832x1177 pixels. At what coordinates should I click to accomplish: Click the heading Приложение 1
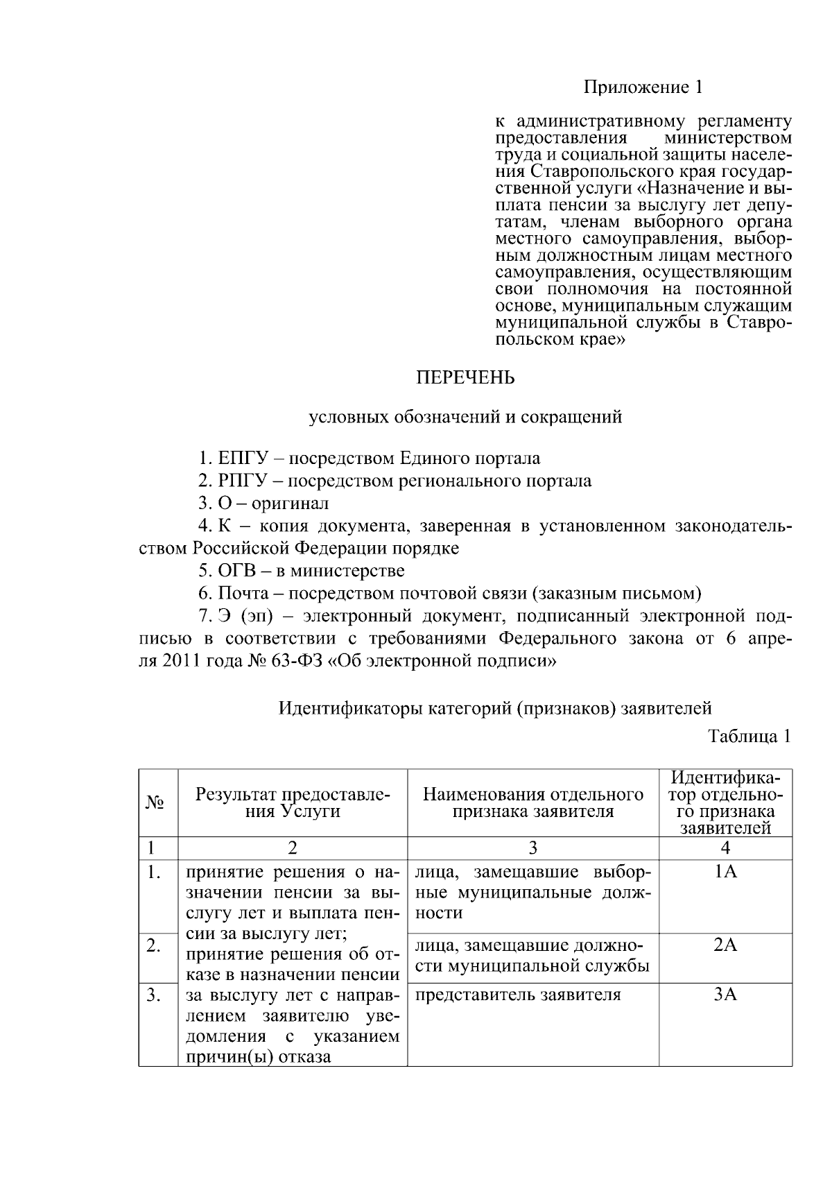(x=643, y=87)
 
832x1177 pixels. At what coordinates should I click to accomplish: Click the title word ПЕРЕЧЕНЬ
(x=465, y=378)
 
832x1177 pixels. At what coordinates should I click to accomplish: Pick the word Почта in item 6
(x=239, y=594)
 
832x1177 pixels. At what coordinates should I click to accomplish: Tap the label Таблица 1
(x=749, y=737)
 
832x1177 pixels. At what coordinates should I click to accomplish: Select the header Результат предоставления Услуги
(x=292, y=802)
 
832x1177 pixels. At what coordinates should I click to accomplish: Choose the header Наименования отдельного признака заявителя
(x=532, y=802)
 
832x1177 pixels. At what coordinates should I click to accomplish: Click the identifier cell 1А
(x=725, y=872)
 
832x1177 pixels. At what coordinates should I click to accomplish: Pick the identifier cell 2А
(x=725, y=945)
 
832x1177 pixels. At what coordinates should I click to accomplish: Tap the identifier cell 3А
(x=725, y=995)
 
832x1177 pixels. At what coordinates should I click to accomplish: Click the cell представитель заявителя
(x=518, y=995)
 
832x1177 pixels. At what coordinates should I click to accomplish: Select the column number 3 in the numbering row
(x=532, y=848)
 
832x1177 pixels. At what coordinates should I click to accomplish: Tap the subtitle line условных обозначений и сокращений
(x=465, y=417)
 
